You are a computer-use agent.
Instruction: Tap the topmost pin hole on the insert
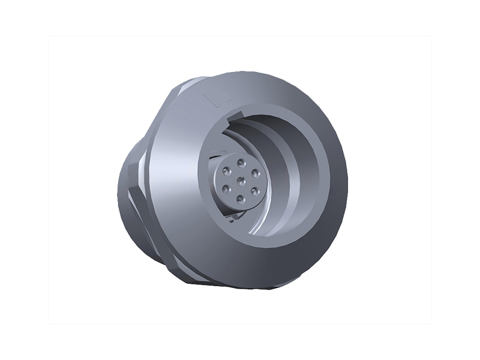click(241, 163)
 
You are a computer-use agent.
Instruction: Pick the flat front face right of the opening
click(333, 180)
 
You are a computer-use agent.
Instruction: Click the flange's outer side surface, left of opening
click(174, 180)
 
